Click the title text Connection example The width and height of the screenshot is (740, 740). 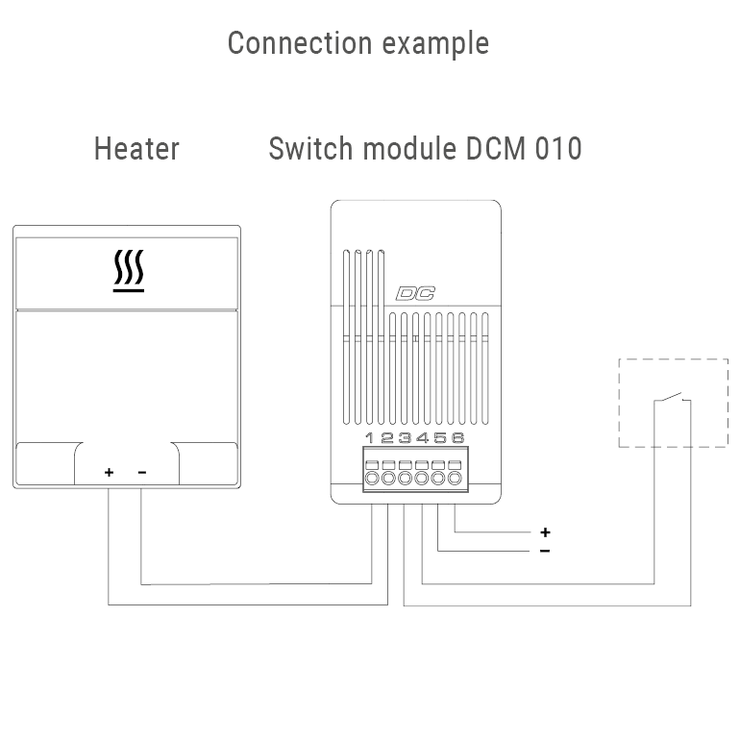click(x=358, y=43)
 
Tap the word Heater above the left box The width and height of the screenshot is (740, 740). click(x=136, y=149)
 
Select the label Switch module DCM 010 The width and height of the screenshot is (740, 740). click(x=425, y=149)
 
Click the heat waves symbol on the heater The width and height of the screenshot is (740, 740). click(x=128, y=272)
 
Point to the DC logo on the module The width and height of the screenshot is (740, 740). click(x=415, y=295)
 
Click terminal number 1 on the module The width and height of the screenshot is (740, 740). click(x=371, y=438)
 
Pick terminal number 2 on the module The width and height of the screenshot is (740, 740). click(x=388, y=438)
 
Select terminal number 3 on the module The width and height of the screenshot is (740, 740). click(x=405, y=438)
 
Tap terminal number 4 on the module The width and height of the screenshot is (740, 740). click(x=422, y=438)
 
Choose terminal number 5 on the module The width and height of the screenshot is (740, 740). click(x=439, y=438)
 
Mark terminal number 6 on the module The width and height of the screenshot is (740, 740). click(x=456, y=438)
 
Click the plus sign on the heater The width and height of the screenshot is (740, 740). click(x=110, y=472)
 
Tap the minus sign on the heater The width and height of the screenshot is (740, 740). click(x=142, y=472)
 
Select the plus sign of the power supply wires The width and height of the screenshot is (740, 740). click(x=545, y=531)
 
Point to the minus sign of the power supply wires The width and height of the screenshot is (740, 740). click(x=545, y=551)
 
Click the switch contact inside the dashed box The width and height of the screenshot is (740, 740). click(x=672, y=398)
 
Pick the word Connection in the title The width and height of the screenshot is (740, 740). click(x=299, y=43)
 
